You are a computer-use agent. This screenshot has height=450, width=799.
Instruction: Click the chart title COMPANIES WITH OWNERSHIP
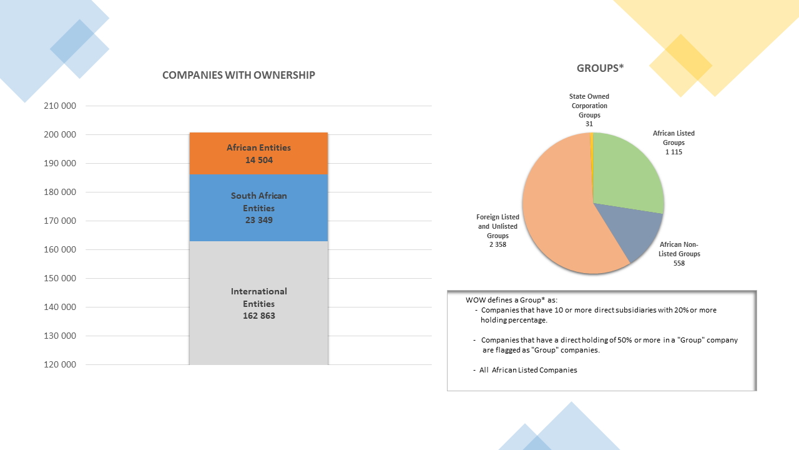[x=238, y=75]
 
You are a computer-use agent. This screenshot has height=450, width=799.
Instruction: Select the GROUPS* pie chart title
[x=600, y=68]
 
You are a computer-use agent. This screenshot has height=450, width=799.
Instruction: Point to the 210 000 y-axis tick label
[x=60, y=106]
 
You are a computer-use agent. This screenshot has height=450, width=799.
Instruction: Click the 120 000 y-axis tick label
[x=60, y=364]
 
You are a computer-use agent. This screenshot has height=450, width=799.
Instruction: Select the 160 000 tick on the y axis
[x=60, y=249]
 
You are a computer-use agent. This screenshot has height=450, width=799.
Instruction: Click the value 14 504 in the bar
[x=258, y=161]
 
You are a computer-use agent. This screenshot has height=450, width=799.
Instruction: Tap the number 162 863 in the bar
[x=258, y=316]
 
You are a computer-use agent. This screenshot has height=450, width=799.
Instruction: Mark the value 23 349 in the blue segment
[x=258, y=220]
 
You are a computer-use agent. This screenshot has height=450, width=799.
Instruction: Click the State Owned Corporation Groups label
[x=589, y=106]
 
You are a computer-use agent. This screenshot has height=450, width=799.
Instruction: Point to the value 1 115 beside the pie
[x=674, y=152]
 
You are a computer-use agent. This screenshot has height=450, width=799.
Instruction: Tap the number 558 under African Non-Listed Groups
[x=679, y=263]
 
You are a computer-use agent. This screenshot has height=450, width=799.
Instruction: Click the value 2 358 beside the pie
[x=498, y=244]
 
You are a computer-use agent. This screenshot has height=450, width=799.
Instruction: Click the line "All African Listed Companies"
[x=527, y=370]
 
